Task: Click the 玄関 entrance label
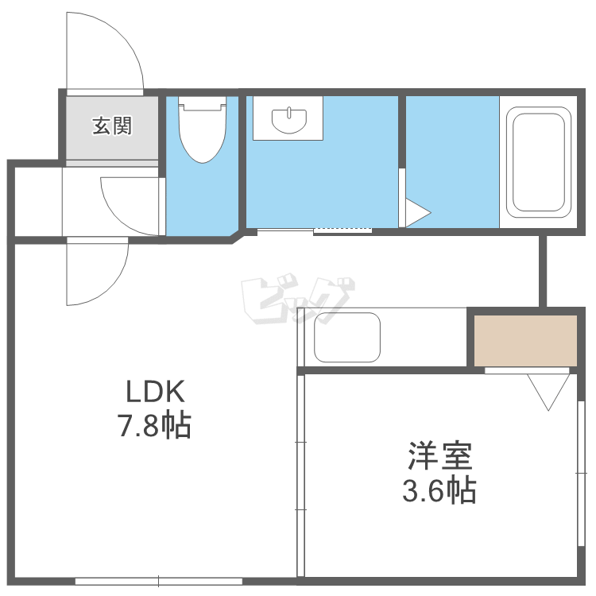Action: click(x=112, y=126)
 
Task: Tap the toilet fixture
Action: click(x=202, y=129)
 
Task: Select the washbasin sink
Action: click(x=288, y=120)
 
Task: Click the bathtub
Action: click(x=538, y=162)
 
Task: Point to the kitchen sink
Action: click(x=347, y=337)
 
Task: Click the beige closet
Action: click(x=525, y=340)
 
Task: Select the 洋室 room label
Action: click(x=439, y=456)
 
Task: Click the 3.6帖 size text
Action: click(x=439, y=490)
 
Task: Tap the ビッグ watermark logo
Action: click(x=297, y=301)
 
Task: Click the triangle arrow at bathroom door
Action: click(x=416, y=212)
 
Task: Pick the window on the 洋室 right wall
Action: click(x=579, y=474)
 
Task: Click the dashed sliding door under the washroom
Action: click(x=343, y=230)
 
